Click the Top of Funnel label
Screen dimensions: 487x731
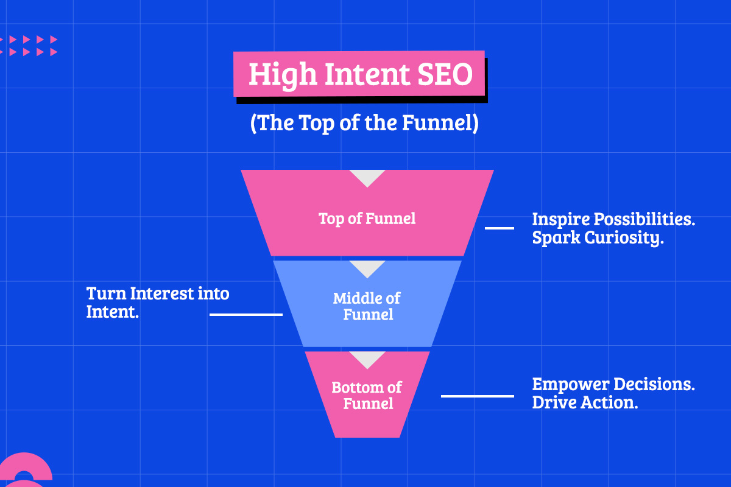pyautogui.click(x=367, y=219)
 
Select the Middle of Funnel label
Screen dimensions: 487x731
pyautogui.click(x=367, y=306)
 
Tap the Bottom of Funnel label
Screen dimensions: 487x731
pyautogui.click(x=367, y=395)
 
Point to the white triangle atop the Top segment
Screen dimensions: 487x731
pyautogui.click(x=367, y=177)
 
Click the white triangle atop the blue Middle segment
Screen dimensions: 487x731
pyautogui.click(x=367, y=267)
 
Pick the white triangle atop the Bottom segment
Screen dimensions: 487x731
pyautogui.click(x=367, y=358)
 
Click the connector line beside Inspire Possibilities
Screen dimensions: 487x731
pyautogui.click(x=499, y=228)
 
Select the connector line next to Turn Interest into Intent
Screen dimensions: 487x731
pyautogui.click(x=246, y=315)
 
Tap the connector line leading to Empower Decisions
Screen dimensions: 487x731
pyautogui.click(x=477, y=396)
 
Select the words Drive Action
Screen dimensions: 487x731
pyautogui.click(x=585, y=402)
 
